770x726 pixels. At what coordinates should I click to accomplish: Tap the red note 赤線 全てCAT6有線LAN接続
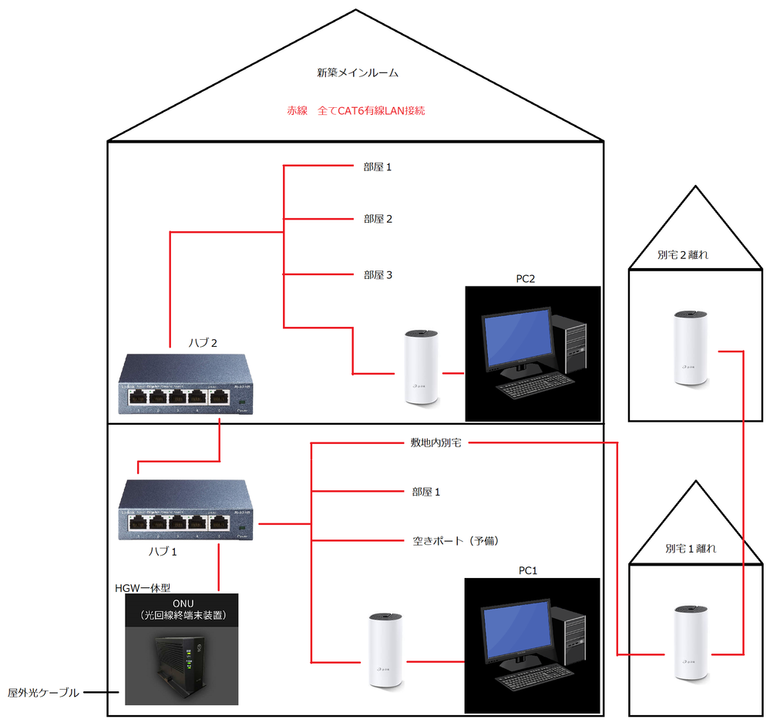point(355,110)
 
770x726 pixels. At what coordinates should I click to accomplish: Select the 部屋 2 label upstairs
point(378,219)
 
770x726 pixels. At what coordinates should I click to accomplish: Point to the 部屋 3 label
point(378,274)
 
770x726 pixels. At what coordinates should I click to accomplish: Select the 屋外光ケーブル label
point(43,693)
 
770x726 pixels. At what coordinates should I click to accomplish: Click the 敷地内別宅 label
point(435,443)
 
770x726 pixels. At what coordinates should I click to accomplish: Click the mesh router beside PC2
point(421,367)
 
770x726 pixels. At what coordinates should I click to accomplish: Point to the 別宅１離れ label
point(691,549)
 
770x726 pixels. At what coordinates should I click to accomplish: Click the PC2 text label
point(526,278)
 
